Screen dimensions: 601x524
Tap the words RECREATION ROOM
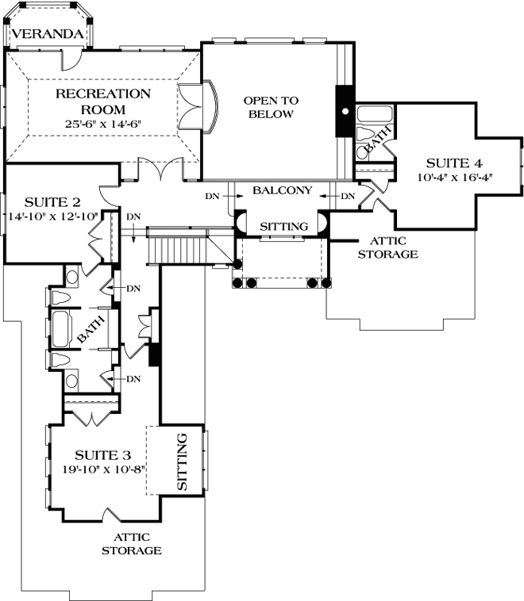point(103,101)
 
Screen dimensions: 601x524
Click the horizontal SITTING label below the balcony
point(283,227)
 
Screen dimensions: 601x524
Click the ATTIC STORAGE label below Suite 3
point(131,543)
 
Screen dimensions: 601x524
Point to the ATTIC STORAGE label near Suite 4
point(387,247)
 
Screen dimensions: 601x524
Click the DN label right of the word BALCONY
point(347,196)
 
